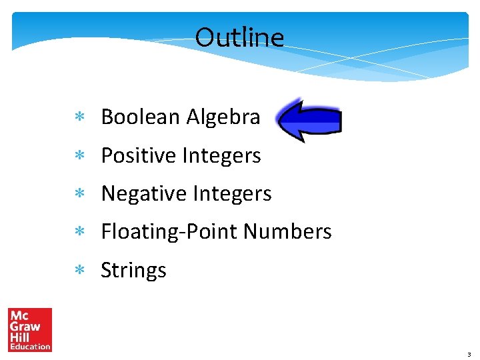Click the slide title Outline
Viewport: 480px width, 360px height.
tap(239, 37)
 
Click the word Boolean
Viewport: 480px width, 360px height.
tap(141, 117)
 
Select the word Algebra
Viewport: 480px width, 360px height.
tap(223, 117)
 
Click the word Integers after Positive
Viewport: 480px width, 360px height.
tap(221, 155)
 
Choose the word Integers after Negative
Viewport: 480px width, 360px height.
tap(232, 193)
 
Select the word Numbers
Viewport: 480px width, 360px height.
tap(287, 231)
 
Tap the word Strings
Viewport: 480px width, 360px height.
tap(133, 270)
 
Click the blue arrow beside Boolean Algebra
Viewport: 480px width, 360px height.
tap(309, 121)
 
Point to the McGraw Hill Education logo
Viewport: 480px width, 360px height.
tap(29, 329)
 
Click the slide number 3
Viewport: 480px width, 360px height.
tap(469, 355)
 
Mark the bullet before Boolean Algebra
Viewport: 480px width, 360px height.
tap(79, 118)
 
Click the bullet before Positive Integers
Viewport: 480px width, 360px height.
tap(79, 157)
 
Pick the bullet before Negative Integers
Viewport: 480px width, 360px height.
tap(79, 195)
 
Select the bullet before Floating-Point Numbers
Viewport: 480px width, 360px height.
tap(79, 233)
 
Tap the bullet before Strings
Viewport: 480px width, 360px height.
tap(79, 271)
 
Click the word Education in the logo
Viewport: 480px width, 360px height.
tap(29, 346)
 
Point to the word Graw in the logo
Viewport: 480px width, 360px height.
tap(25, 327)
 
